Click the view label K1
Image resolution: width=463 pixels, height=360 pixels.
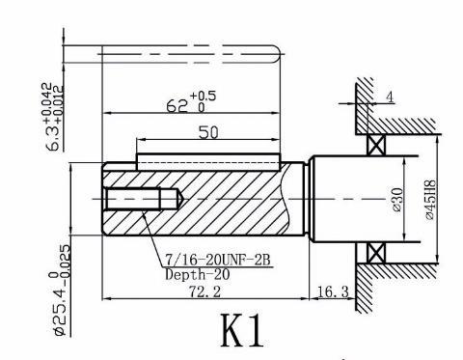[243, 330]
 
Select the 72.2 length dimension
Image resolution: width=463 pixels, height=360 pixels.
[204, 292]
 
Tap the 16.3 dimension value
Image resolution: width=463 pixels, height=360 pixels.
[333, 291]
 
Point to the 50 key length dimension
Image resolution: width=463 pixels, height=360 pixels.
[208, 132]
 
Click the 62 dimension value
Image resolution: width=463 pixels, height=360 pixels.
[177, 106]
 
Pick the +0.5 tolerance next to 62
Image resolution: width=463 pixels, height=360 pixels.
[203, 96]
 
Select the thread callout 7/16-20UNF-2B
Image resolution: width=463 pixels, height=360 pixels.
[218, 260]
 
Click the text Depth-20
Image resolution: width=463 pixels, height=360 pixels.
[198, 274]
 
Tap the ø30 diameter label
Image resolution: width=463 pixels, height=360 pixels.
[397, 200]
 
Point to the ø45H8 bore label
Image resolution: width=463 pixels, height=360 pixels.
[430, 200]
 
